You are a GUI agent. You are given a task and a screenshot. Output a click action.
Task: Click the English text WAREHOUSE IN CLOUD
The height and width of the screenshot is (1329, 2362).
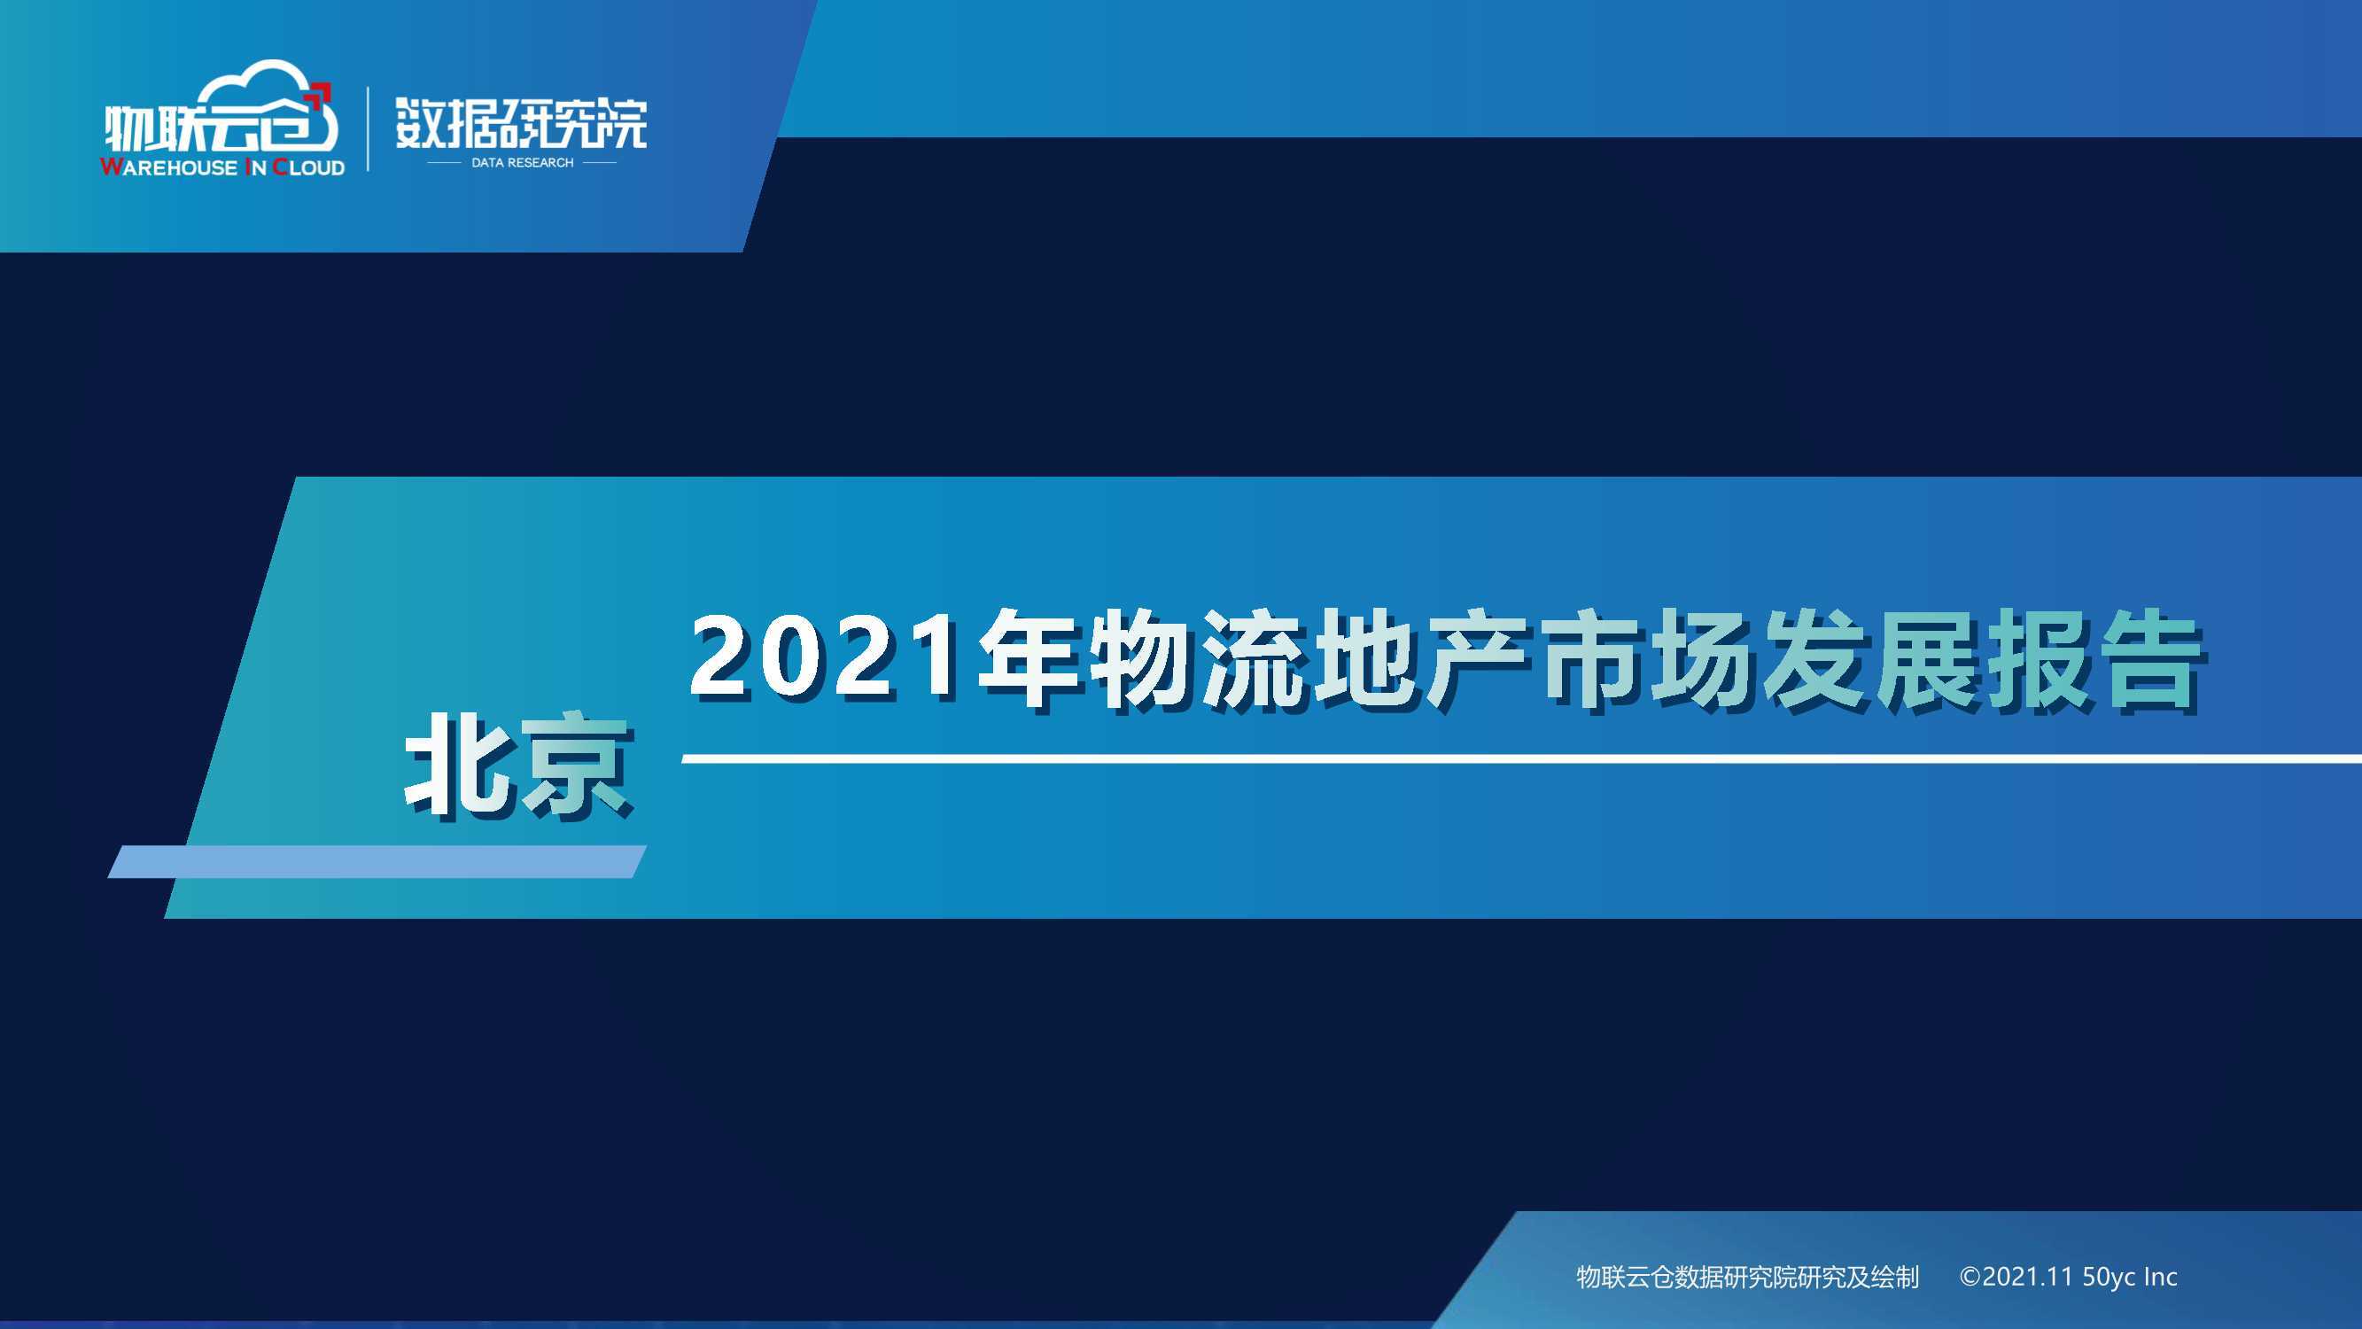(222, 167)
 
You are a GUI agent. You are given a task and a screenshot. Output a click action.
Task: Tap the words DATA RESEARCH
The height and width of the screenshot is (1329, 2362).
(522, 162)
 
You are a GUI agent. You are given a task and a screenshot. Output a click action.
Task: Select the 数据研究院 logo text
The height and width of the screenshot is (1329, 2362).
(521, 123)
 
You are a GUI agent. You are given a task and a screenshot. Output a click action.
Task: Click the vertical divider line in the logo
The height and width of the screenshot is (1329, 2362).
(369, 128)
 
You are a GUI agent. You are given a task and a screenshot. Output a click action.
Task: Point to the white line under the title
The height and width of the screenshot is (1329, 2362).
(1521, 758)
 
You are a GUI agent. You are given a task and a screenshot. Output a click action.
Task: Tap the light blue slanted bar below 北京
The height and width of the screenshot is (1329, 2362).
(377, 861)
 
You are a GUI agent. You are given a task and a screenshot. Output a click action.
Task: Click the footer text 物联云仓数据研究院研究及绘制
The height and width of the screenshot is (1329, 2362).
(1748, 1277)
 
